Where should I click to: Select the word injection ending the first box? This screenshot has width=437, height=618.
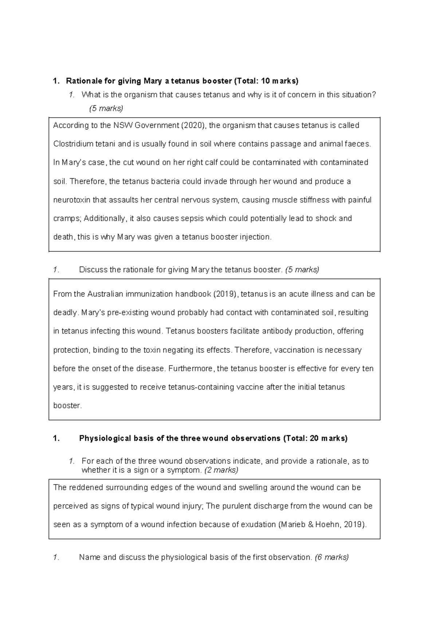tap(255, 237)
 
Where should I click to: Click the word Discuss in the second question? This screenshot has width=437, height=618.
tap(93, 270)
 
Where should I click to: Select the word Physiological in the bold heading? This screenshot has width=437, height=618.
tap(105, 438)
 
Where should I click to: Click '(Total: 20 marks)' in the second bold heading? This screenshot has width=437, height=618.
tap(315, 438)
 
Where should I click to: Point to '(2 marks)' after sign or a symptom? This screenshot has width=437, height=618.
tap(221, 470)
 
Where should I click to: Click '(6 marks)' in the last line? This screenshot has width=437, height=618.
tap(332, 558)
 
